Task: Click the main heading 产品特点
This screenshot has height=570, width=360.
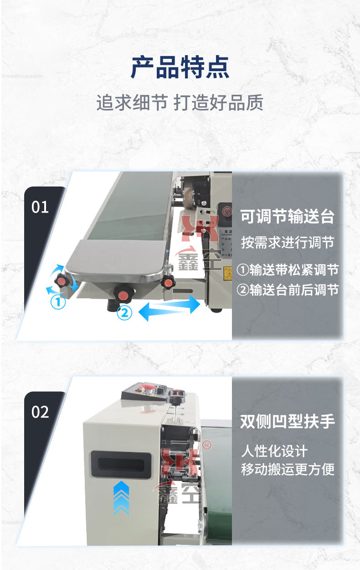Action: pyautogui.click(x=180, y=67)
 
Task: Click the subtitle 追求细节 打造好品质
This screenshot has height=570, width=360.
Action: pyautogui.click(x=180, y=103)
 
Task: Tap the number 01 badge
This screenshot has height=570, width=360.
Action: pyautogui.click(x=40, y=207)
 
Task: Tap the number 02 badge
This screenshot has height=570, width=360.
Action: pyautogui.click(x=40, y=412)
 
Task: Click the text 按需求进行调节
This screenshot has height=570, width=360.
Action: pyautogui.click(x=288, y=243)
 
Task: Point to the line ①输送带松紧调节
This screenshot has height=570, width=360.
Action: pyautogui.click(x=288, y=270)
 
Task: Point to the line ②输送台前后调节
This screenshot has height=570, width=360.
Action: pyautogui.click(x=288, y=290)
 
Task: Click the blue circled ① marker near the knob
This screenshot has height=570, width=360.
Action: pyautogui.click(x=58, y=302)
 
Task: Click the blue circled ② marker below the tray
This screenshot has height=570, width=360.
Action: pyautogui.click(x=124, y=313)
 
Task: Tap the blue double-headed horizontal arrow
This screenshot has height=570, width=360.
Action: pyautogui.click(x=169, y=308)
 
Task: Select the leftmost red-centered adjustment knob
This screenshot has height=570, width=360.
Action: pyautogui.click(x=62, y=280)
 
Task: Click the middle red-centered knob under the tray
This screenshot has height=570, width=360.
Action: pyautogui.click(x=123, y=293)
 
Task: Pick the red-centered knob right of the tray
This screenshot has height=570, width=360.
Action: pyautogui.click(x=168, y=282)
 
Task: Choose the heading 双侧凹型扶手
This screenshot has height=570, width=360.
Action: pyautogui.click(x=288, y=422)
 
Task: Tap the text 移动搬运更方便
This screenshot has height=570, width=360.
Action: pyautogui.click(x=288, y=469)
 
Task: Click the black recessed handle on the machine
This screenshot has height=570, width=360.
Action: pyautogui.click(x=121, y=464)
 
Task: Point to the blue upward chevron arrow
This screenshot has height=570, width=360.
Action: pyautogui.click(x=121, y=498)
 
